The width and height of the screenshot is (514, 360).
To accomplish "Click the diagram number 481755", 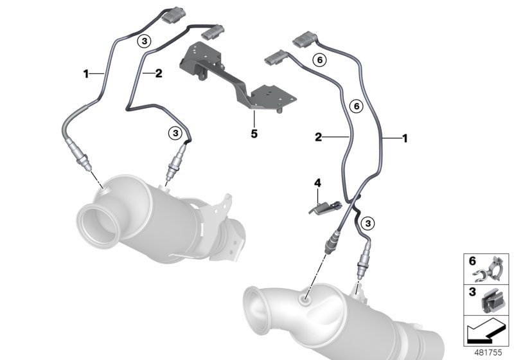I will [487, 352].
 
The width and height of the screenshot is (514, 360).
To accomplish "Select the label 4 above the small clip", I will [316, 184].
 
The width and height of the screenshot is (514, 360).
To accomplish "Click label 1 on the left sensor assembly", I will [85, 74].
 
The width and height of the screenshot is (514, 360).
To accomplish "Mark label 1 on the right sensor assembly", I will [404, 138].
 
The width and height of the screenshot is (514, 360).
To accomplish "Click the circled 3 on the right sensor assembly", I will [367, 223].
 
